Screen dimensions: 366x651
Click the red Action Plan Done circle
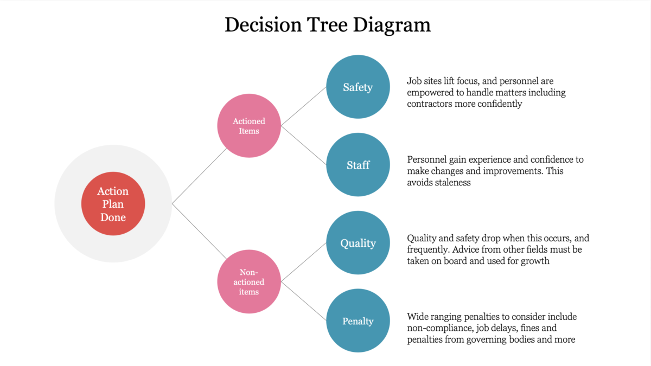pyautogui.click(x=113, y=204)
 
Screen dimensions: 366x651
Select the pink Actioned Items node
pyautogui.click(x=249, y=126)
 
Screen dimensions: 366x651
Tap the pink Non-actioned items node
pyautogui.click(x=249, y=282)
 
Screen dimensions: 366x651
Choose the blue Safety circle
pyautogui.click(x=358, y=87)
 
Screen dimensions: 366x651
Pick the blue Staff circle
pyautogui.click(x=358, y=165)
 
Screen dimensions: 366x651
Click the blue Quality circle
pyautogui.click(x=358, y=243)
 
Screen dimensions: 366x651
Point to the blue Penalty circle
pyautogui.click(x=358, y=321)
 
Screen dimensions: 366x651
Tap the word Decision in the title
pyautogui.click(x=261, y=24)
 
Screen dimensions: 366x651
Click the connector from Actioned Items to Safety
pyautogui.click(x=304, y=106)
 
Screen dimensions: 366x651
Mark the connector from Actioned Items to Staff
pyautogui.click(x=304, y=145)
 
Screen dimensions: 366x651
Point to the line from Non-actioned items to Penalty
pyautogui.click(x=304, y=301)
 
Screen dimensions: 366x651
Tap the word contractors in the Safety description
pyautogui.click(x=430, y=104)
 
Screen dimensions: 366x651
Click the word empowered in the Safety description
pyautogui.click(x=430, y=93)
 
